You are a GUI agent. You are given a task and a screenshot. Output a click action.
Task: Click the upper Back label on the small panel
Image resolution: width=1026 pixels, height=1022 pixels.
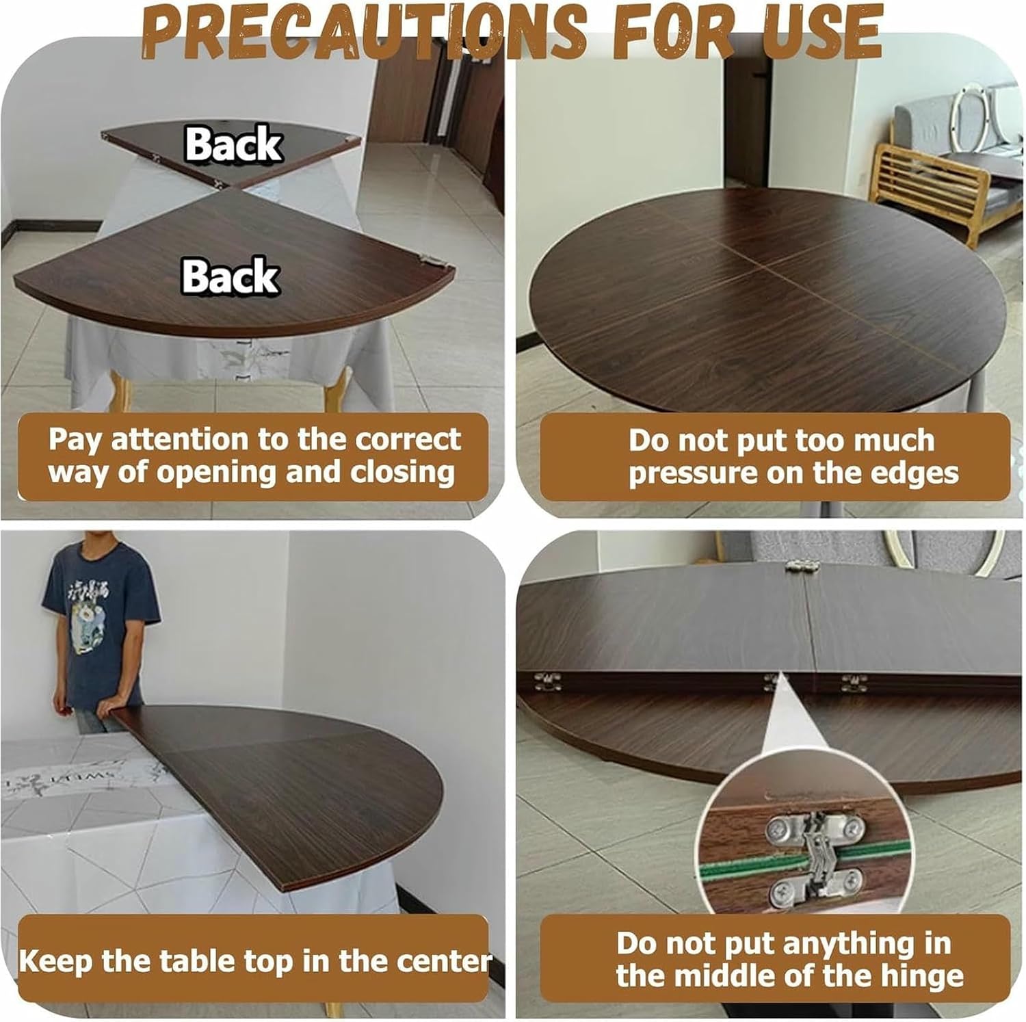[x=233, y=144]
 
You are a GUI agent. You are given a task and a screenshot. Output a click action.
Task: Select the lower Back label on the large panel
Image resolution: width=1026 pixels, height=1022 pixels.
[x=231, y=276]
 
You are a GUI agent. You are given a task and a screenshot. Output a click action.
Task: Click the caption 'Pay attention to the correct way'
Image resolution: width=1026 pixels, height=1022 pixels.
[x=254, y=456]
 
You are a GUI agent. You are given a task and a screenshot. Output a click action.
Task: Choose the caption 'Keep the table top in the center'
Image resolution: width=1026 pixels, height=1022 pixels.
[x=254, y=961]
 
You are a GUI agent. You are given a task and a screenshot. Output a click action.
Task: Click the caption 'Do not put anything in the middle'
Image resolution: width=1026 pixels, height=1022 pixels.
[x=782, y=960]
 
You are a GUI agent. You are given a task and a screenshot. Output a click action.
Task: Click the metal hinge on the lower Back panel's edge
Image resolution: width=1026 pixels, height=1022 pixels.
[x=430, y=261]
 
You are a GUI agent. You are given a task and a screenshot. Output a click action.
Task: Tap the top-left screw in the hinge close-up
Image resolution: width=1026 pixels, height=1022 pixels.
[x=779, y=829]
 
